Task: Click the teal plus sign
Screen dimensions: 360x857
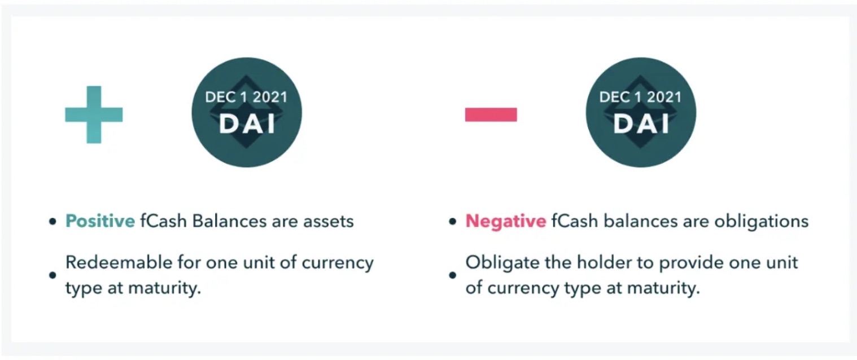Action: tap(94, 115)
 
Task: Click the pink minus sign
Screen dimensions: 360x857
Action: tap(491, 115)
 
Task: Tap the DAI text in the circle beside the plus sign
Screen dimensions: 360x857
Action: tap(247, 124)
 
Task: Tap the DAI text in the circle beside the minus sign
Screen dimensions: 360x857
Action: tap(641, 124)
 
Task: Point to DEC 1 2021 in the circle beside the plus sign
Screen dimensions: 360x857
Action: tap(246, 97)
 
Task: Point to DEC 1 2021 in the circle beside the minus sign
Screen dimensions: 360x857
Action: tap(641, 97)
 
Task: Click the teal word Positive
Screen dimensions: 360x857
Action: tap(100, 221)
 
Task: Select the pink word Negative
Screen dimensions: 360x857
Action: tap(505, 221)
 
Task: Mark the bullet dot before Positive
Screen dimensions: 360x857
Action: tap(53, 222)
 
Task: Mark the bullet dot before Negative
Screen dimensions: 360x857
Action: tap(452, 222)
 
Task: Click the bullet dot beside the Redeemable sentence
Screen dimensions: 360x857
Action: tap(53, 275)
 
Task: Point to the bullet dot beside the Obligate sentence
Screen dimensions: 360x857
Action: tap(452, 275)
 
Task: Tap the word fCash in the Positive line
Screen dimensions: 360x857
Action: tap(163, 221)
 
